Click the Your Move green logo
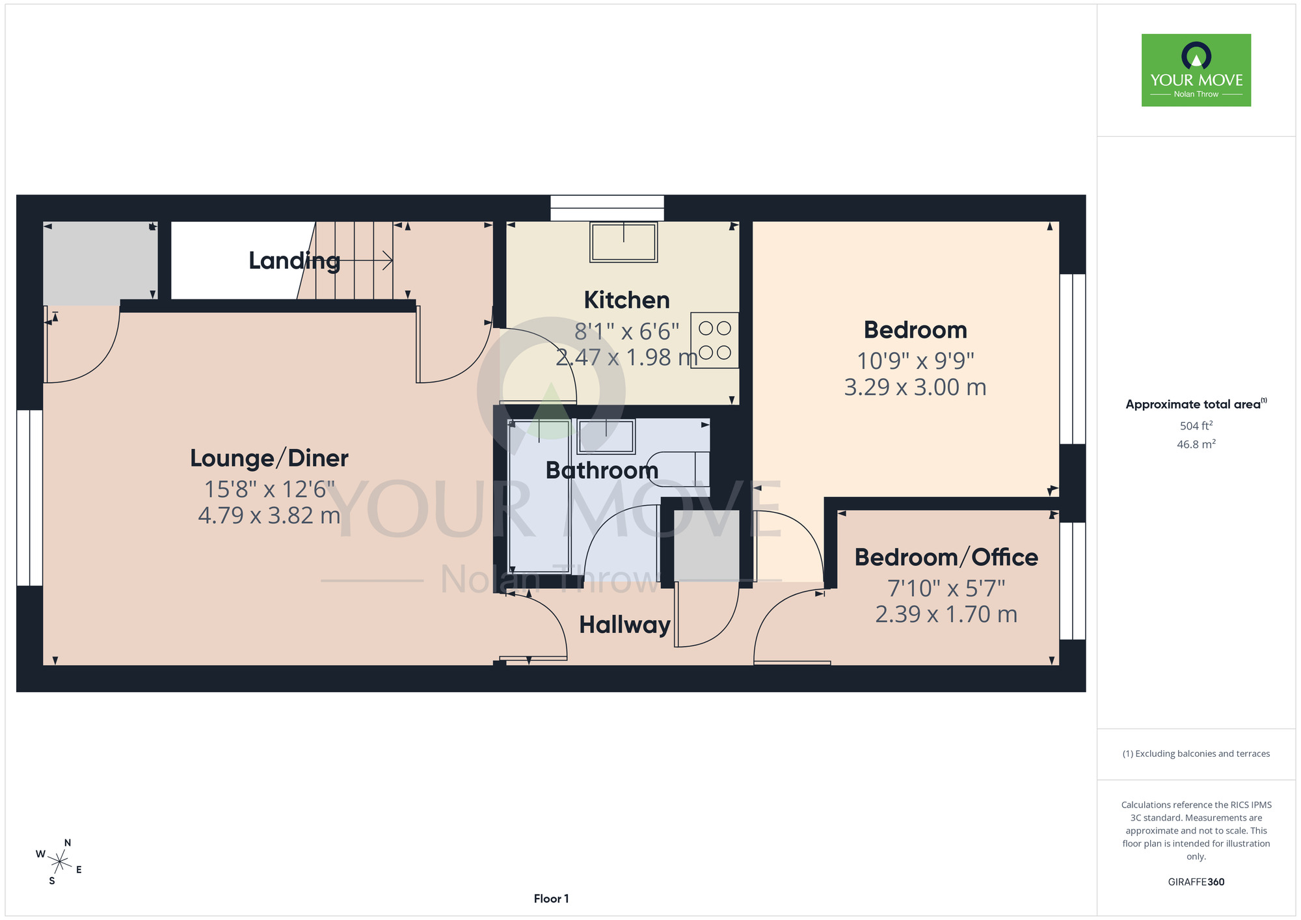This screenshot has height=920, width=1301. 1196,70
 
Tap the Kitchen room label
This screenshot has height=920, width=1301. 626,300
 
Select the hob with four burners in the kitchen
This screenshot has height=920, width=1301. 714,340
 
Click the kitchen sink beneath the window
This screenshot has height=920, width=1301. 623,242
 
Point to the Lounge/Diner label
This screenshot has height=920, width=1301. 269,458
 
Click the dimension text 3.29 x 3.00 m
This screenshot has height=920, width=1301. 915,387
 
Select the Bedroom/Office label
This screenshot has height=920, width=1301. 946,558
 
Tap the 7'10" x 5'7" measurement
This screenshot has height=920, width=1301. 946,588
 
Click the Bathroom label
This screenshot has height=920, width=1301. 602,470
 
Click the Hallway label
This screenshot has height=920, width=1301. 624,625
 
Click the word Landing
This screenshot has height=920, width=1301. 294,261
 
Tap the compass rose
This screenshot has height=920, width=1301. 59,862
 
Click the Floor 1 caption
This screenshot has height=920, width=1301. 551,899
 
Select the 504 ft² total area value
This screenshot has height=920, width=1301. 1196,426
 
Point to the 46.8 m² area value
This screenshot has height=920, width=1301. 1196,444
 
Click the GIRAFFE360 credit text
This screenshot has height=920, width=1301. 1196,882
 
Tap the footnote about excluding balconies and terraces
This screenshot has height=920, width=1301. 1196,753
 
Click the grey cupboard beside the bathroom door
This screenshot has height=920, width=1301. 706,545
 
